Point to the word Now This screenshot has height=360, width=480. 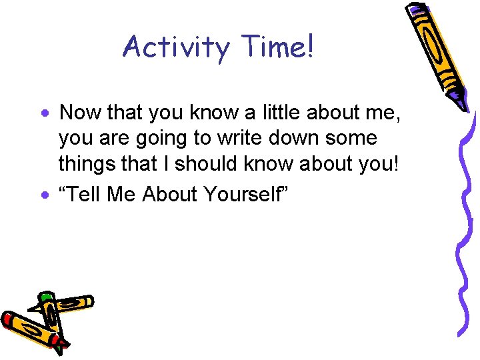click(x=81, y=113)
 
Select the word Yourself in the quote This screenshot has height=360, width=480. click(x=251, y=194)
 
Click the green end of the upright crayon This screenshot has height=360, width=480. click(x=45, y=296)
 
